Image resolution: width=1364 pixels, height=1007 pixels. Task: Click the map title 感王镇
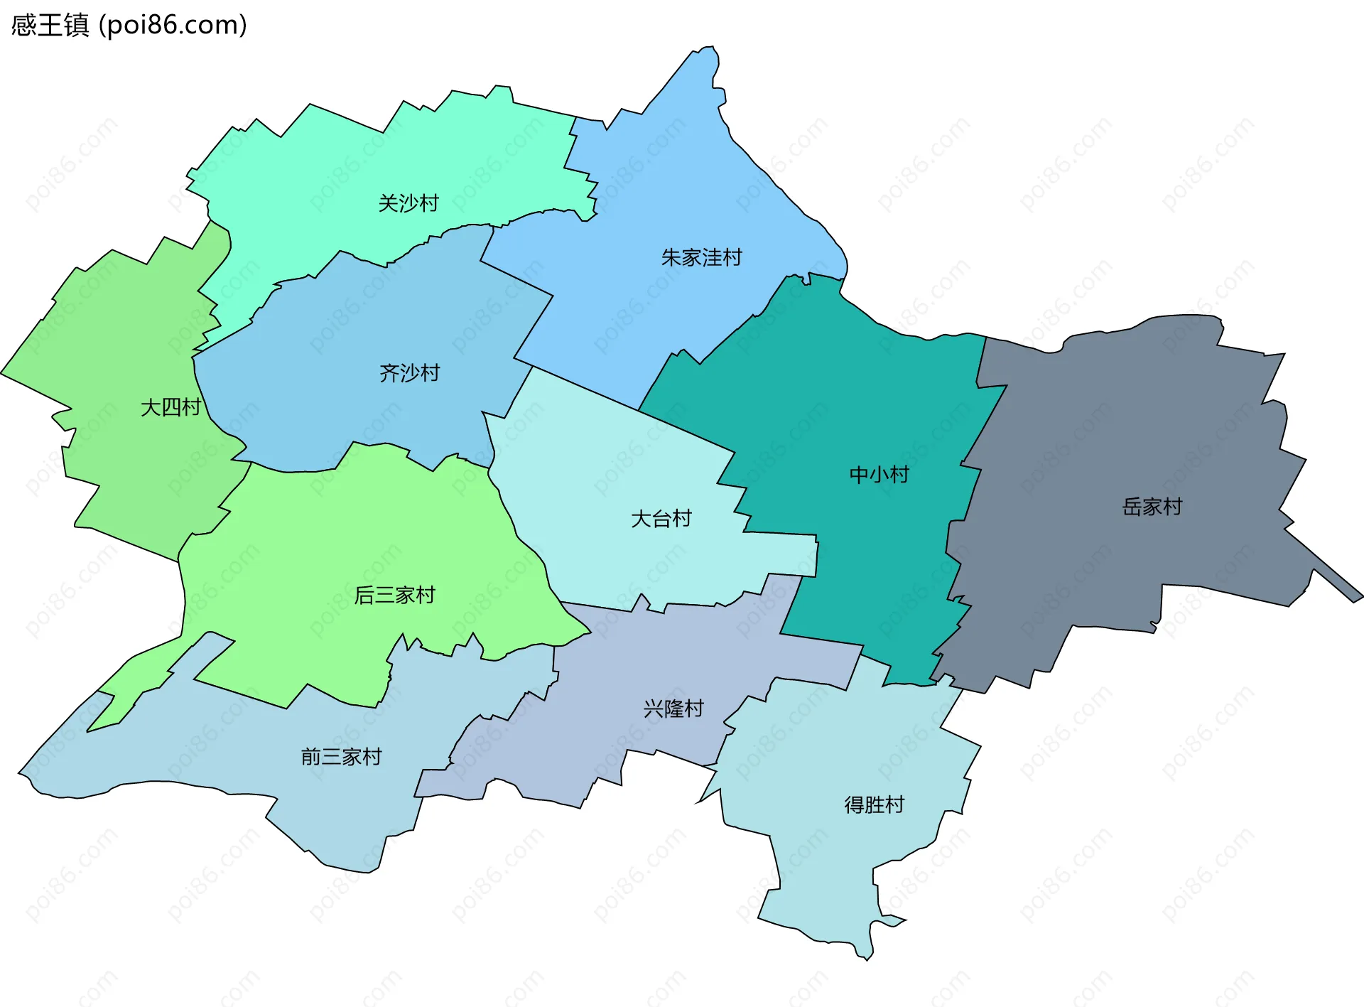50,26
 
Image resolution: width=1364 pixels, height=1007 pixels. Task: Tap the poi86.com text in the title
173,26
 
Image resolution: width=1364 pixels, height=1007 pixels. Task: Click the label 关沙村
408,203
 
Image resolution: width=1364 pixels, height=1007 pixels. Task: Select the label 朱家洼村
701,257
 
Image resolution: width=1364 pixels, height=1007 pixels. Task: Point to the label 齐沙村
409,372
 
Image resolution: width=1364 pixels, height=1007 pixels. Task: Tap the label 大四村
170,407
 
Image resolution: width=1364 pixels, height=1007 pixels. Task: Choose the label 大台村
661,519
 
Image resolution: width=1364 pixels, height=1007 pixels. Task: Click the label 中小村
879,474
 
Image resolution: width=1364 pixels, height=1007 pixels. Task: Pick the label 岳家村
1152,507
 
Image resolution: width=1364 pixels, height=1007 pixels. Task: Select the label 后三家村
394,595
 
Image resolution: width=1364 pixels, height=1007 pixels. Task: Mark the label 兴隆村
673,709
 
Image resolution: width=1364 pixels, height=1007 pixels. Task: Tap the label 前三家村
341,756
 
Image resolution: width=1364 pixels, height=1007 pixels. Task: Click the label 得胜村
874,804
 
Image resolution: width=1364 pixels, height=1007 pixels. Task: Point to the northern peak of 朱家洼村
708,50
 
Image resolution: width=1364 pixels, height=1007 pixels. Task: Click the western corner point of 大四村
4,372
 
